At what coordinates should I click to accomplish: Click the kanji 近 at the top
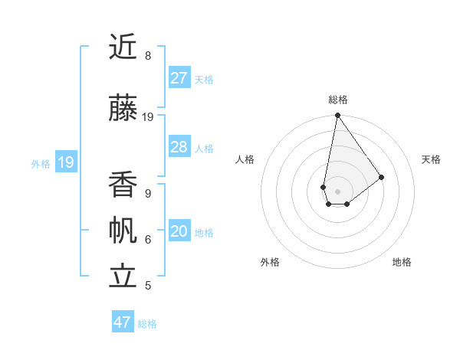tap(123, 47)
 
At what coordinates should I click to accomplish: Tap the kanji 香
tap(123, 184)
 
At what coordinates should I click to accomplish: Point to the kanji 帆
tap(123, 231)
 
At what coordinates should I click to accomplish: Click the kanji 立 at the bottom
tap(123, 277)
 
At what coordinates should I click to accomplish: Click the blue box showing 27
tap(179, 78)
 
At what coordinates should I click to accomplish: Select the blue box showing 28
tap(179, 147)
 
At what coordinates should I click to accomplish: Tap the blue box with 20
tap(179, 232)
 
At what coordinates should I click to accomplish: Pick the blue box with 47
tap(123, 322)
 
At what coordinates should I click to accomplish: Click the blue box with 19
tap(66, 162)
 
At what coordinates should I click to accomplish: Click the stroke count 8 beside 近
tap(148, 56)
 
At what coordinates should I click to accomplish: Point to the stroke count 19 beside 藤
tap(148, 117)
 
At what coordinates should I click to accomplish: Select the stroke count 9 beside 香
tap(148, 194)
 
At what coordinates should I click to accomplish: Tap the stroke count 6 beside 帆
tap(148, 240)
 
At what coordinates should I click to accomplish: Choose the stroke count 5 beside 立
tap(148, 286)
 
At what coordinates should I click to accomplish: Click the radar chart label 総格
tap(337, 100)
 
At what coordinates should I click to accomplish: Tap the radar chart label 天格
tap(431, 159)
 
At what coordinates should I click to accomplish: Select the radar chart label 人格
tap(245, 159)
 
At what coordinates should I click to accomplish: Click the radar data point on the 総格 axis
tap(337, 116)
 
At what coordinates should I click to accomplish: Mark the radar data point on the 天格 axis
tap(381, 177)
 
